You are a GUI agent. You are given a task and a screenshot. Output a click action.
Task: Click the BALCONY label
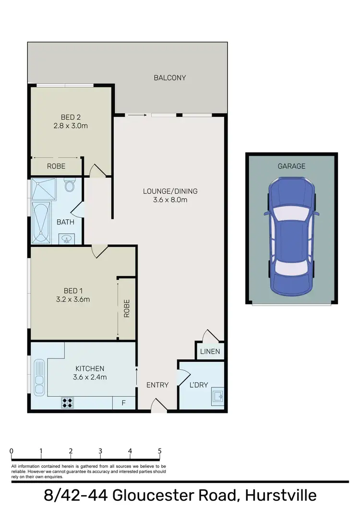(x=169, y=77)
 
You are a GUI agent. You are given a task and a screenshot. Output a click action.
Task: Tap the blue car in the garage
(x=291, y=236)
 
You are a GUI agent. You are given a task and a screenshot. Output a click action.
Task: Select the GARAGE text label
(x=291, y=166)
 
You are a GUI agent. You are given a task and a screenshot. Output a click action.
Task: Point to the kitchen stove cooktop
(x=67, y=403)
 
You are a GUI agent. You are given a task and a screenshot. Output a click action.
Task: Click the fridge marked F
(x=123, y=403)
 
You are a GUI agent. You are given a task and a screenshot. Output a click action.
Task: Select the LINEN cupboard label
(x=210, y=352)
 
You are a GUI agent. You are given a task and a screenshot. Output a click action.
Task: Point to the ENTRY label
(x=157, y=385)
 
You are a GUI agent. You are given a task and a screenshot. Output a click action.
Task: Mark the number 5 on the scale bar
(x=159, y=451)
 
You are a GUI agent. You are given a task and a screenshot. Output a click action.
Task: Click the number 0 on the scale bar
(x=11, y=451)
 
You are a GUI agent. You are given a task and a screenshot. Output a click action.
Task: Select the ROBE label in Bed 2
(x=56, y=166)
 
